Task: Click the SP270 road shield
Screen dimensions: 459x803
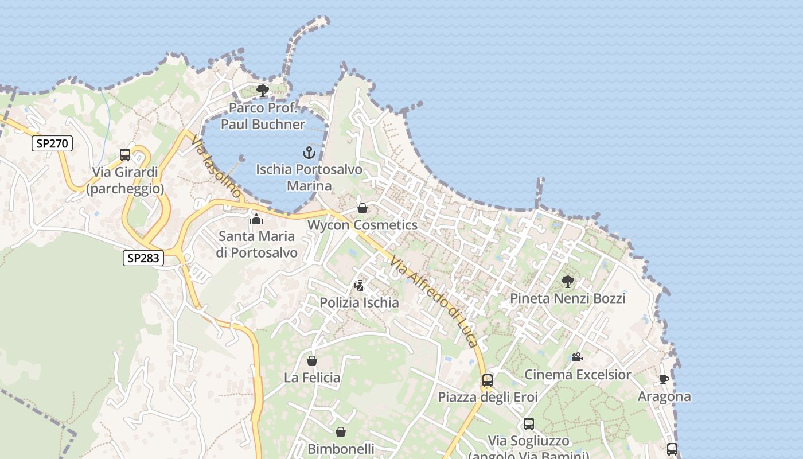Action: coord(52,143)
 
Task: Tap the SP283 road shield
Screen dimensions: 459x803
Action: coord(143,258)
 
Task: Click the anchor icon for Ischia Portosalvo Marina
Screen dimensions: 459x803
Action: coord(309,153)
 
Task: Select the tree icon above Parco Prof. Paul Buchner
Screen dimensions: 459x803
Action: coord(263,91)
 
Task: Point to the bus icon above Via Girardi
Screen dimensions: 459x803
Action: coord(125,155)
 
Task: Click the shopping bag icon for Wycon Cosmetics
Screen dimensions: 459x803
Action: coord(362,208)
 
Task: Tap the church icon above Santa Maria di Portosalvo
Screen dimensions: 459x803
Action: coord(256,219)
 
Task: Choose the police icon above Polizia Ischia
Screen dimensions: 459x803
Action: coord(359,285)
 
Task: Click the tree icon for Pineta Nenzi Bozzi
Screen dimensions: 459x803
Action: coord(568,282)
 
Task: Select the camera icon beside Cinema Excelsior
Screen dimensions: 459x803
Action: coord(577,357)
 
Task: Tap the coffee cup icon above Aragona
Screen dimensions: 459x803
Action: coord(664,379)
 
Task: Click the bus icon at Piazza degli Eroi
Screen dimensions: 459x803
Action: coord(488,380)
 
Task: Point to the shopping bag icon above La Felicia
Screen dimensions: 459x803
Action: coord(312,361)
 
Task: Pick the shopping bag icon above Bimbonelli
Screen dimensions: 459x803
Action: coord(341,432)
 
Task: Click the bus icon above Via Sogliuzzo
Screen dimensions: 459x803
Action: coord(529,424)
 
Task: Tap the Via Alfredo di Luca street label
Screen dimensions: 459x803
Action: coord(434,301)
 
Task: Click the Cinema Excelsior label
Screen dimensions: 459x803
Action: coord(578,375)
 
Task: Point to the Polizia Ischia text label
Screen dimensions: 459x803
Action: coord(359,302)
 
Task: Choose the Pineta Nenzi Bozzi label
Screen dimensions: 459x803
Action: coord(567,298)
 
